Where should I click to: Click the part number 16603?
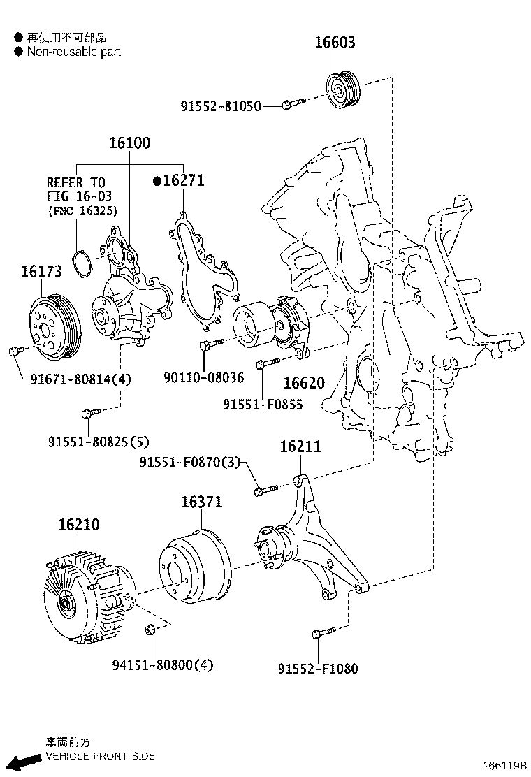[334, 43]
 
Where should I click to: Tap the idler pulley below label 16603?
[343, 90]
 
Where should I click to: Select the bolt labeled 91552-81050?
[292, 105]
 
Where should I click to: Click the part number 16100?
[129, 143]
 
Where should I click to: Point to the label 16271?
[182, 180]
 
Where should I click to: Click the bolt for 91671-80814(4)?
[15, 351]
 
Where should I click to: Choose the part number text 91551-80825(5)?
[99, 442]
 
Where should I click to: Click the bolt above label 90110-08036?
[209, 344]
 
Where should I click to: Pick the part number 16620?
[304, 383]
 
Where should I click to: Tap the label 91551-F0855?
[263, 404]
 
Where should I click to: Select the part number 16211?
[300, 446]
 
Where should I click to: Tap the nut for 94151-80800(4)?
[148, 630]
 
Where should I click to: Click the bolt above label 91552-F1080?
[319, 634]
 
